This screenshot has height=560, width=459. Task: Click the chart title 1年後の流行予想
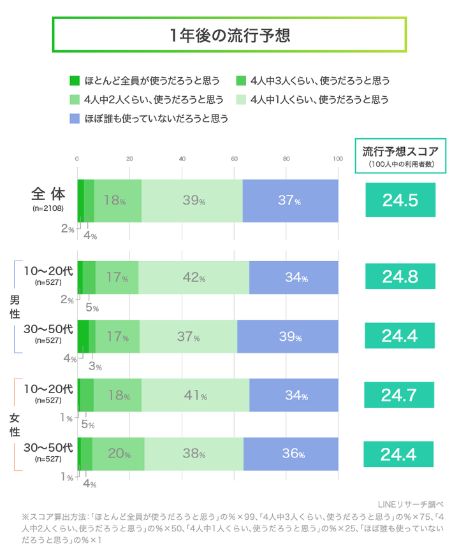tap(229, 34)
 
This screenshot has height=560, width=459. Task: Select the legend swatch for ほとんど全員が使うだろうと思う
tap(74, 81)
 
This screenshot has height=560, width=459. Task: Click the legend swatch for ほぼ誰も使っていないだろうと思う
tap(74, 118)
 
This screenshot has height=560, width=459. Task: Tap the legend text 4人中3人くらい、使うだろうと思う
tap(320, 81)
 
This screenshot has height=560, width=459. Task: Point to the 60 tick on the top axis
tap(234, 159)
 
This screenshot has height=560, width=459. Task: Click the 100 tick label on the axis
tap(338, 159)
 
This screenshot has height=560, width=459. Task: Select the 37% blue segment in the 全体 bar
tap(290, 201)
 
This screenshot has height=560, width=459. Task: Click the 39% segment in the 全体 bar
tap(193, 201)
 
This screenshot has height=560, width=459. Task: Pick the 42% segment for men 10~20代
tap(193, 278)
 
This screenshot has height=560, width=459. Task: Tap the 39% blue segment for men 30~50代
tap(288, 336)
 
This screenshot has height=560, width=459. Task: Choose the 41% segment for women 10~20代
tap(195, 396)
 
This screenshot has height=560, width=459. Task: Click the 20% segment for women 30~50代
tap(119, 454)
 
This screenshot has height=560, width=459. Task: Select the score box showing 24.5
tap(400, 201)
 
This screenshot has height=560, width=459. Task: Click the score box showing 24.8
tap(400, 277)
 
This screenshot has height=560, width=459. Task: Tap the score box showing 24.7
tap(400, 396)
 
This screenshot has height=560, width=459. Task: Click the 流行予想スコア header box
tap(400, 156)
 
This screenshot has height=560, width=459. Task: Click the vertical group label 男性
tap(14, 306)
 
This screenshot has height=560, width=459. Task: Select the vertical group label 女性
tap(14, 425)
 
